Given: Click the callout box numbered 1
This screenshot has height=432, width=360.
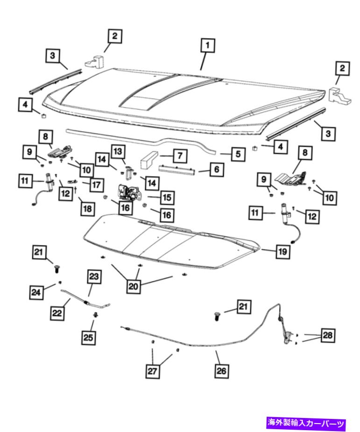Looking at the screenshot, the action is coord(207,45).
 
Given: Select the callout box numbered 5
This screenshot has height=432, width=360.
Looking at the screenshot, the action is coord(238,154).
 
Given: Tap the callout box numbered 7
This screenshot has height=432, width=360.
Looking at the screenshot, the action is coord(180,156).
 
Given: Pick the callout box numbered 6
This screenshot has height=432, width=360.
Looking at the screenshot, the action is coord(217,169).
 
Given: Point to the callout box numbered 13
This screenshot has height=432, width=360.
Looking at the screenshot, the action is coord(118,151).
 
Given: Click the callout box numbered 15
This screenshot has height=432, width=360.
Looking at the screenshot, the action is coord(167,198).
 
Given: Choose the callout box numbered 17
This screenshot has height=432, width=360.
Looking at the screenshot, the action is coord(96,184).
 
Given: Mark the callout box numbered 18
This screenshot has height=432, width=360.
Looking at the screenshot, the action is coord(87,209).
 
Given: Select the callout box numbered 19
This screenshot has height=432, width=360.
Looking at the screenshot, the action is coord(282,251).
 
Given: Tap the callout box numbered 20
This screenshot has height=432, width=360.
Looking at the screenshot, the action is coord(134,287).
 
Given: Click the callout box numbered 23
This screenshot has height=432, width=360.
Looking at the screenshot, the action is coord(94,276).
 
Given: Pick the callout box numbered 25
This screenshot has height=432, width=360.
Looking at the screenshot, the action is coord(88,338).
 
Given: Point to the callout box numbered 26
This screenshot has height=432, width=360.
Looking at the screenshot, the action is coord(221,371).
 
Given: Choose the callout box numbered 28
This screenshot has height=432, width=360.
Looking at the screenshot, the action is coord(327,335).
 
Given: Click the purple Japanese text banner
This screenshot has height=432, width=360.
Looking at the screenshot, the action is coord(306,423).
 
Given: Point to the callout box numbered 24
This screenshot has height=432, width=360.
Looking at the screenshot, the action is coord(36,292).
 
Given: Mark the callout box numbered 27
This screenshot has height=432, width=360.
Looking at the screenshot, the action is coord(152,371).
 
